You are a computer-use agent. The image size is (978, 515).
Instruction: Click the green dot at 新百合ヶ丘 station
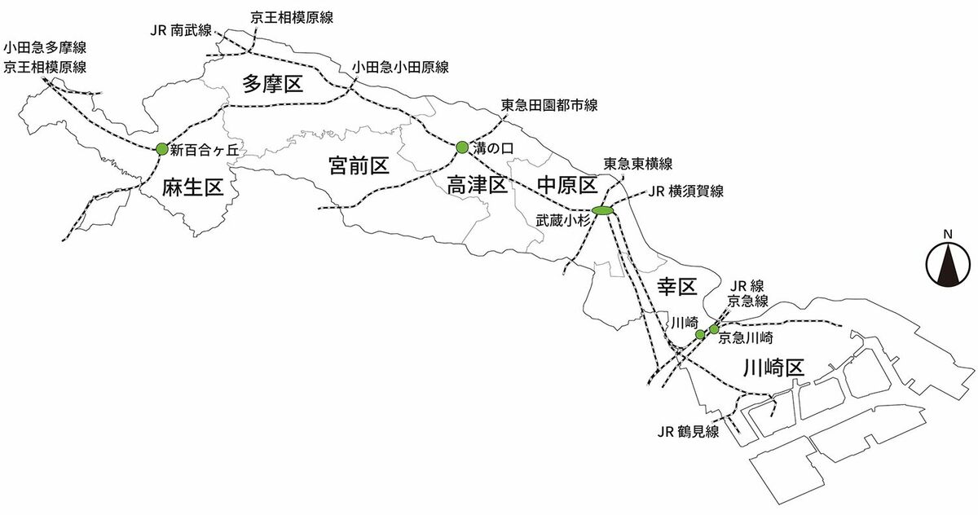161,149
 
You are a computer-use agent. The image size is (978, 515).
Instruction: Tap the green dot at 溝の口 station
462,147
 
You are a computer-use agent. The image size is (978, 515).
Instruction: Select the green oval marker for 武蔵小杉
603,210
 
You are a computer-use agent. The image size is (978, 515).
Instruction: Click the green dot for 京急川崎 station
713,329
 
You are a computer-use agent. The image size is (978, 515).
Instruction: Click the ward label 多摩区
273,84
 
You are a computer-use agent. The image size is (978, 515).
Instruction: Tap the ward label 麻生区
193,187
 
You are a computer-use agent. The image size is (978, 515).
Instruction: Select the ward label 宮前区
359,166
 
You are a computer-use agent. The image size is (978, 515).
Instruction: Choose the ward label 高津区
478,186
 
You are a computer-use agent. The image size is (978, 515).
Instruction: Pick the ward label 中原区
567,186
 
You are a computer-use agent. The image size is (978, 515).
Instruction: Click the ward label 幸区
677,287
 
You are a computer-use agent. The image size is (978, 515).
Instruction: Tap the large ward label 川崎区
773,368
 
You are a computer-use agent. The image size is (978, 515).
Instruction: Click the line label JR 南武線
181,30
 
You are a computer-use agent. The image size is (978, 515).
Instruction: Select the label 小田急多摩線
45,47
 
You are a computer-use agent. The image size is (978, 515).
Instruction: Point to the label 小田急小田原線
400,67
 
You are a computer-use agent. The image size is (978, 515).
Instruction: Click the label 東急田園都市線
548,105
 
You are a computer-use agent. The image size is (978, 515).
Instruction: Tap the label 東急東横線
638,164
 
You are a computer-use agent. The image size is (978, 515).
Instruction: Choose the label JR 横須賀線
686,191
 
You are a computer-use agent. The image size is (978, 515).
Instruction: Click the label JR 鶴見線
688,432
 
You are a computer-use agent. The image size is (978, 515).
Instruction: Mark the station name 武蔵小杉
563,221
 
